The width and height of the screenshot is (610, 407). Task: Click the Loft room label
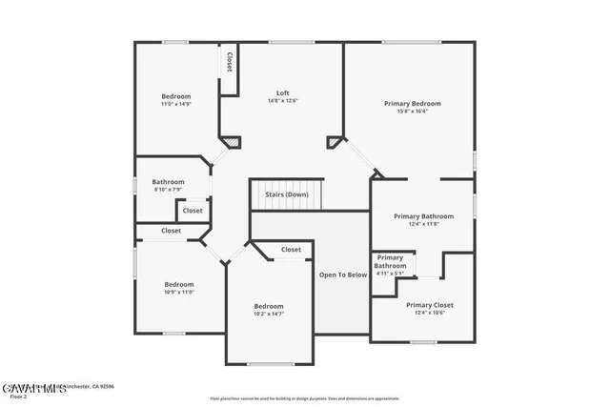282,92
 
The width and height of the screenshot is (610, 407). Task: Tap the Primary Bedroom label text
412,103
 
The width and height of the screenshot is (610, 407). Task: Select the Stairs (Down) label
286,194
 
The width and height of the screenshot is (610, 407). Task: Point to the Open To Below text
342,275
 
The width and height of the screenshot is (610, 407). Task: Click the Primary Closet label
429,305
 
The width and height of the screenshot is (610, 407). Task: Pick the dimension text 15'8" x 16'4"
412,111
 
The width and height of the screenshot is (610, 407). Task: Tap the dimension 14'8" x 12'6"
282,100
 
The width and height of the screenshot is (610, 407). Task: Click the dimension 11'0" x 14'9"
175,104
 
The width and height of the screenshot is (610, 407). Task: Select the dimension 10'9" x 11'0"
178,292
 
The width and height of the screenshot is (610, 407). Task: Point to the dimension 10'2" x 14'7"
269,314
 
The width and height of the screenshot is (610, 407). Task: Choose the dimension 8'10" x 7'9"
169,189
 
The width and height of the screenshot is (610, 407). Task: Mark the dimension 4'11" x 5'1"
390,273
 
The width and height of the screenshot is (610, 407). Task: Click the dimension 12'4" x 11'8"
424,224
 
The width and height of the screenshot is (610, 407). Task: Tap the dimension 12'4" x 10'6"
429,313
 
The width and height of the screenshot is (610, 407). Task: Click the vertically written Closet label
229,61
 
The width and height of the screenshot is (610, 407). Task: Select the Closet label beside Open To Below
291,250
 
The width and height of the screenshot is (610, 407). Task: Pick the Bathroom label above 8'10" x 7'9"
169,181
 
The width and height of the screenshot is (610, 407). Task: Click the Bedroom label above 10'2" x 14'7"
269,306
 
